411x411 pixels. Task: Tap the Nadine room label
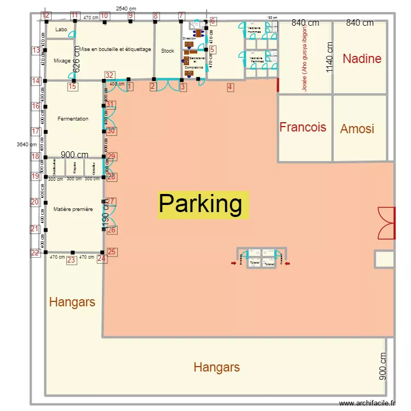point(362,59)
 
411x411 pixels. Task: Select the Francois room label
point(302,127)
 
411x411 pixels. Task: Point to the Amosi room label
point(357,129)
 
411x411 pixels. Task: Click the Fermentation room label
point(73,119)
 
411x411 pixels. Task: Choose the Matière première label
point(73,209)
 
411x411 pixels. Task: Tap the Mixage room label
point(62,61)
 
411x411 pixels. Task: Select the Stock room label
point(167,51)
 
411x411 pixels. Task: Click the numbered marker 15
point(72,86)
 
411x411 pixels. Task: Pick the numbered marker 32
point(110,76)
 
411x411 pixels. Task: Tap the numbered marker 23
point(71,260)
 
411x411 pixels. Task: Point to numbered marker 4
point(230,87)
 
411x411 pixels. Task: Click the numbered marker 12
point(46,15)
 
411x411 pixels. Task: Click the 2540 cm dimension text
point(126,9)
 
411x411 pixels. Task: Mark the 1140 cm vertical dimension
point(329,58)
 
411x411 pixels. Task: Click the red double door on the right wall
point(386,223)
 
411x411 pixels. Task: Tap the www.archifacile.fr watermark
point(367,403)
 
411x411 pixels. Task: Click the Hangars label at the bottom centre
point(216,367)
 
